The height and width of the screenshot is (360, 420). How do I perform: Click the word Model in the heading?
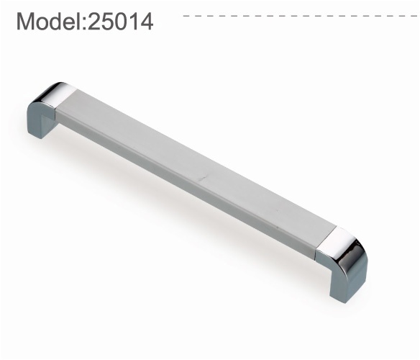[x=50, y=21]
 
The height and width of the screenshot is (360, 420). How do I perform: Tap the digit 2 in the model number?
[x=94, y=21]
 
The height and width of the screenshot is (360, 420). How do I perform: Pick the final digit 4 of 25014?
[x=147, y=21]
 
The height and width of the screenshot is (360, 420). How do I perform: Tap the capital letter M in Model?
[x=25, y=21]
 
